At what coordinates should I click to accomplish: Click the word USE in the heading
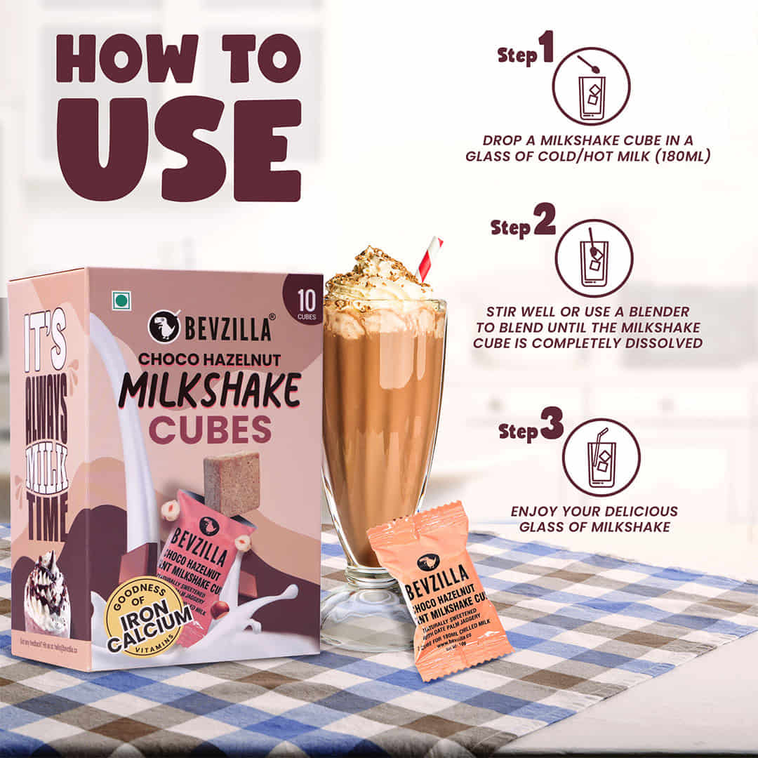pyautogui.click(x=179, y=150)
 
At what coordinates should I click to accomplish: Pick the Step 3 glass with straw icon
pyautogui.click(x=601, y=457)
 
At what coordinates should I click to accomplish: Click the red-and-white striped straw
pyautogui.click(x=430, y=258)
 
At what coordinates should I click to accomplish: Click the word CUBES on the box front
pyautogui.click(x=210, y=430)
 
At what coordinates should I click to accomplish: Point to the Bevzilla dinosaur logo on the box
pyautogui.click(x=164, y=326)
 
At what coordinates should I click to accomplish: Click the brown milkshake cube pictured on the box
pyautogui.click(x=232, y=483)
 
